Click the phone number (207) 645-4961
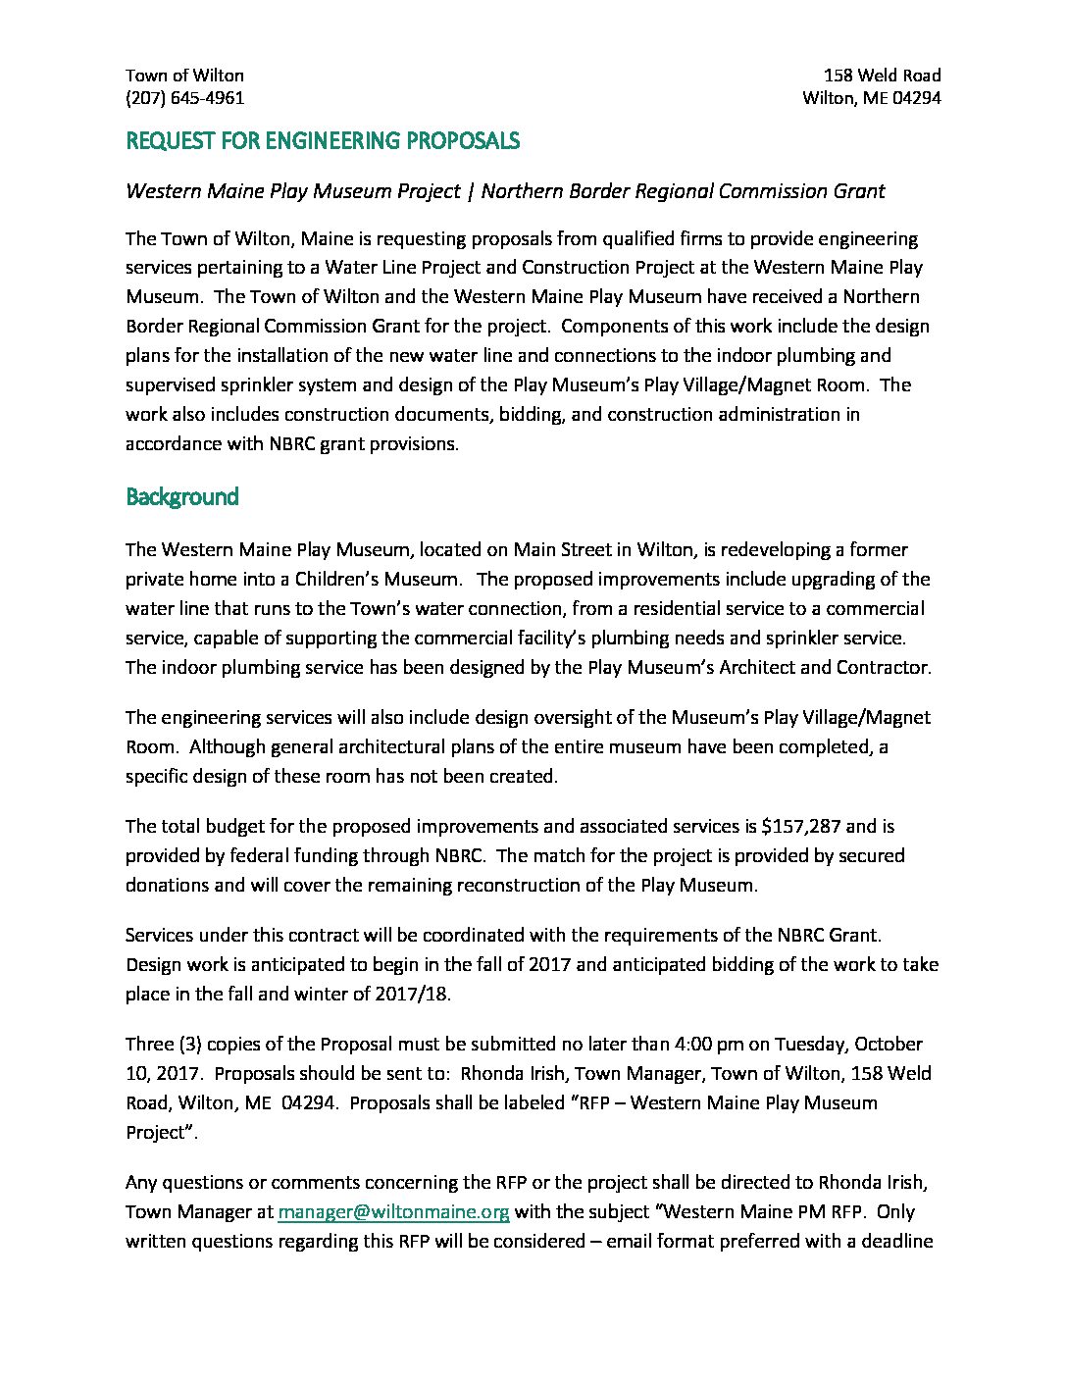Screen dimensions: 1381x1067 [184, 98]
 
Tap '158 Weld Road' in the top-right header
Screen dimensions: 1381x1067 [882, 76]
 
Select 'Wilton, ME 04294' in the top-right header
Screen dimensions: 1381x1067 [871, 98]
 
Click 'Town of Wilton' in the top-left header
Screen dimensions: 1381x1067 [184, 76]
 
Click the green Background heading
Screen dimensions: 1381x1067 [182, 497]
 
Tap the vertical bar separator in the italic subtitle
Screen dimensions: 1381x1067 [471, 191]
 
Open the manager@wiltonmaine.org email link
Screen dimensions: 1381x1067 [393, 1212]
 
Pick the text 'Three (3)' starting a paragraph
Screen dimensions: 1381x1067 [162, 1045]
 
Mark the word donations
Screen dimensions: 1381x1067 [166, 886]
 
